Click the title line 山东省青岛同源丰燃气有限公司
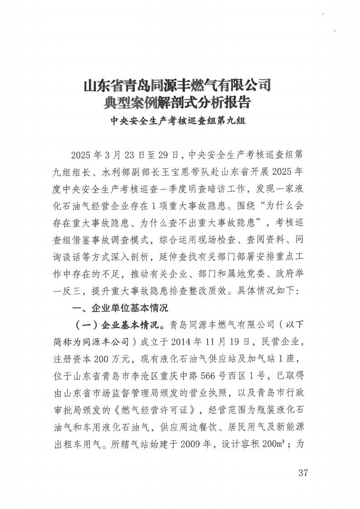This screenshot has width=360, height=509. click(x=178, y=86)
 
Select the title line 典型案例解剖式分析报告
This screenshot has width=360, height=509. click(x=178, y=103)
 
